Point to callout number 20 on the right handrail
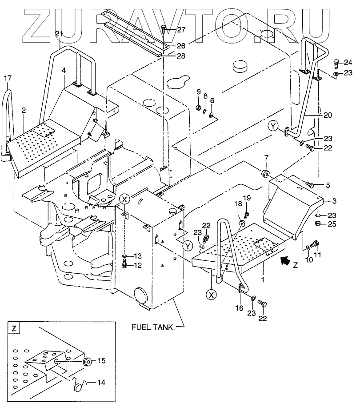(x=328, y=115)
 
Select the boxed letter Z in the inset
(x=15, y=329)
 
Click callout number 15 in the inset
(x=101, y=361)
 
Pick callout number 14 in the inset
(x=101, y=382)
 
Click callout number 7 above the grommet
(x=266, y=158)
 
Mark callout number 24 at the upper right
(x=348, y=62)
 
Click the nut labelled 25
(x=319, y=223)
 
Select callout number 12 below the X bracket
(x=138, y=266)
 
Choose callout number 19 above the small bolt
(x=247, y=197)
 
